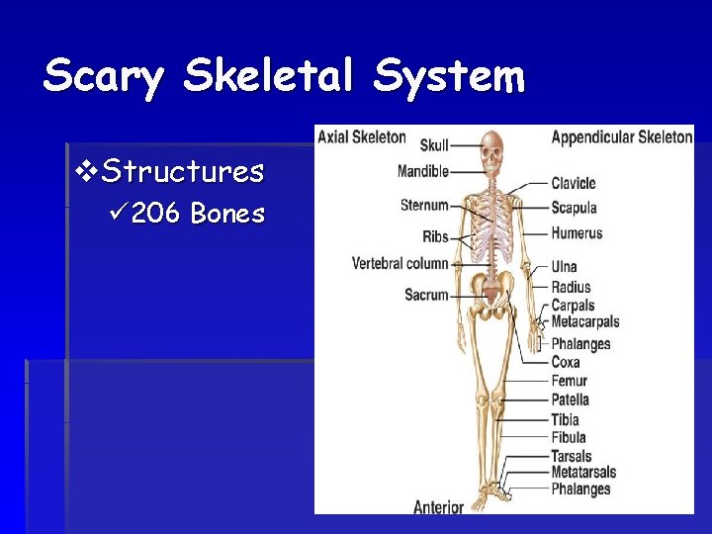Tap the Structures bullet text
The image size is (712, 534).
pyautogui.click(x=183, y=172)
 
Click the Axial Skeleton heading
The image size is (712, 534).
pyautogui.click(x=362, y=136)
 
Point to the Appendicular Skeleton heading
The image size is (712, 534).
pyautogui.click(x=621, y=136)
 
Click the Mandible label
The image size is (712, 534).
pyautogui.click(x=423, y=171)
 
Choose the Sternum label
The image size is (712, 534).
pyautogui.click(x=424, y=206)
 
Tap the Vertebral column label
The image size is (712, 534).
pyautogui.click(x=400, y=263)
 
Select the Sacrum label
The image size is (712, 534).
pyautogui.click(x=426, y=295)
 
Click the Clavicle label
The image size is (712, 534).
pyautogui.click(x=574, y=183)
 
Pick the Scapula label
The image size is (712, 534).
pyautogui.click(x=574, y=208)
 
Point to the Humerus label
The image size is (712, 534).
pyautogui.click(x=577, y=233)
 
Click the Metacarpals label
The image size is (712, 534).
pyautogui.click(x=584, y=321)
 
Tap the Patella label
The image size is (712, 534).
pyautogui.click(x=570, y=400)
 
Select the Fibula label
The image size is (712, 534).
pyautogui.click(x=569, y=437)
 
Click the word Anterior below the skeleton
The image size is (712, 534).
pyautogui.click(x=438, y=506)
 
